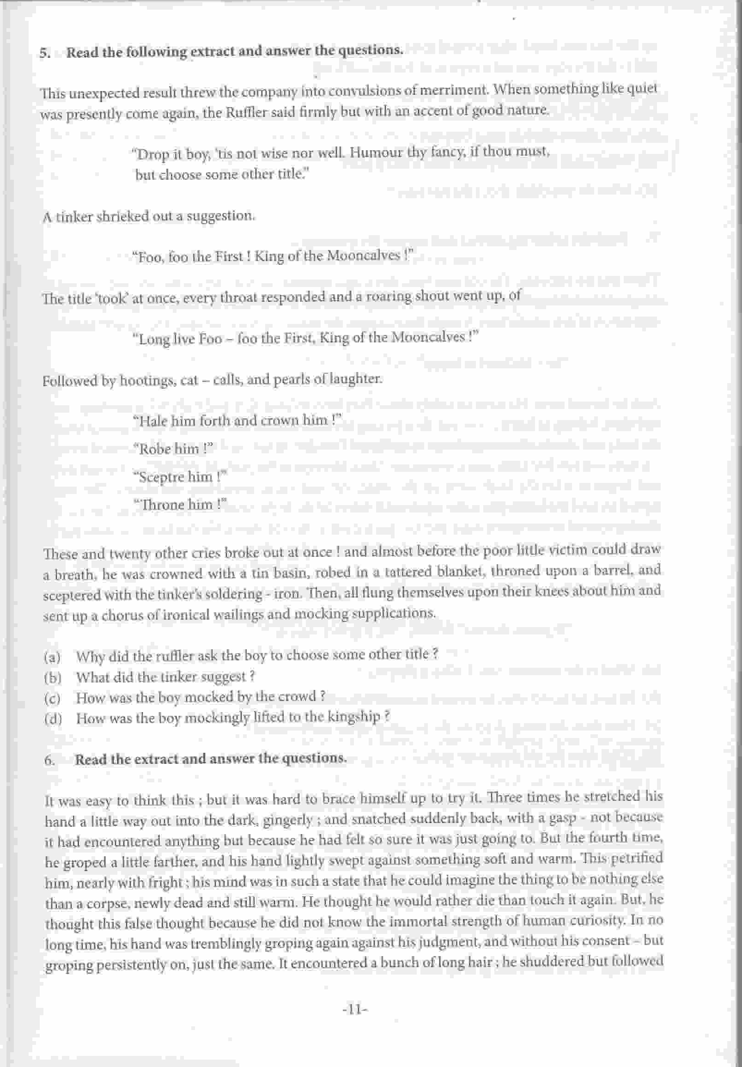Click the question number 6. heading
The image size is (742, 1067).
click(50, 760)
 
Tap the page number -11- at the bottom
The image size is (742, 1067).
click(354, 1009)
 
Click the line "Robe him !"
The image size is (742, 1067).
click(172, 449)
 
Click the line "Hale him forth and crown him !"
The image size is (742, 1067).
click(237, 421)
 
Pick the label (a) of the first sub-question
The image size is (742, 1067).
click(53, 657)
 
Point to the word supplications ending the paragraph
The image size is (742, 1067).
click(398, 613)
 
